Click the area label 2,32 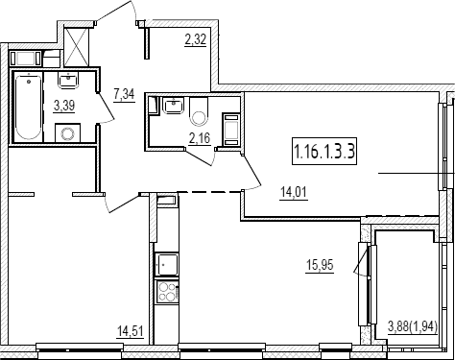(x=195, y=40)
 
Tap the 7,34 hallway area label (x=124, y=95)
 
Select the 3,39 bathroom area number (x=64, y=106)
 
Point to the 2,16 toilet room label (x=200, y=138)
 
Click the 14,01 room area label (x=294, y=193)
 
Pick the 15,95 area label (x=320, y=266)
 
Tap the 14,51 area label (x=130, y=331)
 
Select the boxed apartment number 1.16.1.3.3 (x=324, y=151)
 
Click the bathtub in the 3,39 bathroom (x=29, y=106)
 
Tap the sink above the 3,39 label (x=68, y=80)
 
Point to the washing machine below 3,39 (x=67, y=132)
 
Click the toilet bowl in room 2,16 (x=199, y=112)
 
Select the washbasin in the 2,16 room (x=173, y=106)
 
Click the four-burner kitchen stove (x=166, y=292)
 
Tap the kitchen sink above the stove (x=166, y=264)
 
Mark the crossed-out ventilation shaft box (x=76, y=46)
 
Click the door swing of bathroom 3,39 (x=106, y=108)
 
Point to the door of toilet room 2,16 (x=200, y=156)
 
